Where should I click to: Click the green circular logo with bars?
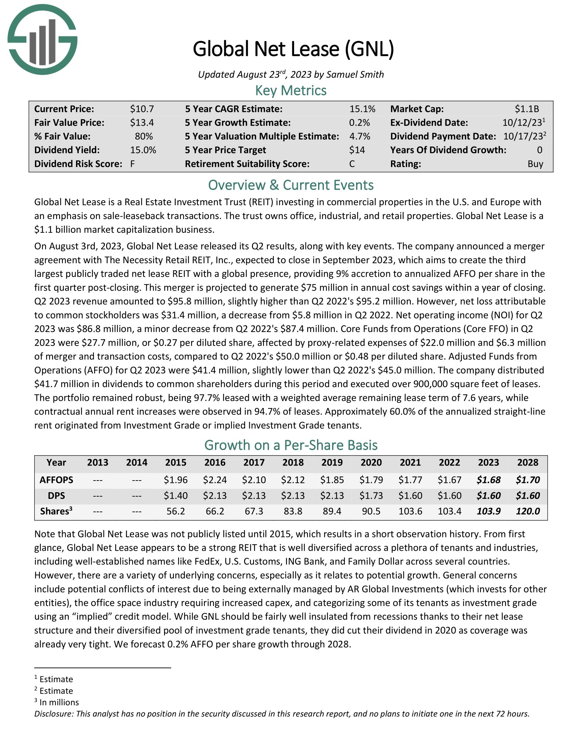pos(42,39)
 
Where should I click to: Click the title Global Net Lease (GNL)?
pos(293,49)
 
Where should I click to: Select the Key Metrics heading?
pos(291,91)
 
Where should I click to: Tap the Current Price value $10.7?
pos(142,109)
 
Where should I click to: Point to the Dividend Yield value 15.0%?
pos(143,150)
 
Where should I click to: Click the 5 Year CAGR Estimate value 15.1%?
pos(362,109)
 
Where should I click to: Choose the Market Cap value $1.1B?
pos(527,109)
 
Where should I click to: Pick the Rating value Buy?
pos(535,164)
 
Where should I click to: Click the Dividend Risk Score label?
pos(78,164)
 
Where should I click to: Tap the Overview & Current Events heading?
pos(291,186)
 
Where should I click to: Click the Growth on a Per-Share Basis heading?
pos(291,445)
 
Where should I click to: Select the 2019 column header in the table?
pos(332,463)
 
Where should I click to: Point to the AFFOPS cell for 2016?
pos(215,480)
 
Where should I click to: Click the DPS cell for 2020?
pos(371,496)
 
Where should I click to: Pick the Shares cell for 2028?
pos(528,511)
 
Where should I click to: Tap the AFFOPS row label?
pos(56,480)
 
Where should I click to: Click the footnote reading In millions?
pos(59,702)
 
